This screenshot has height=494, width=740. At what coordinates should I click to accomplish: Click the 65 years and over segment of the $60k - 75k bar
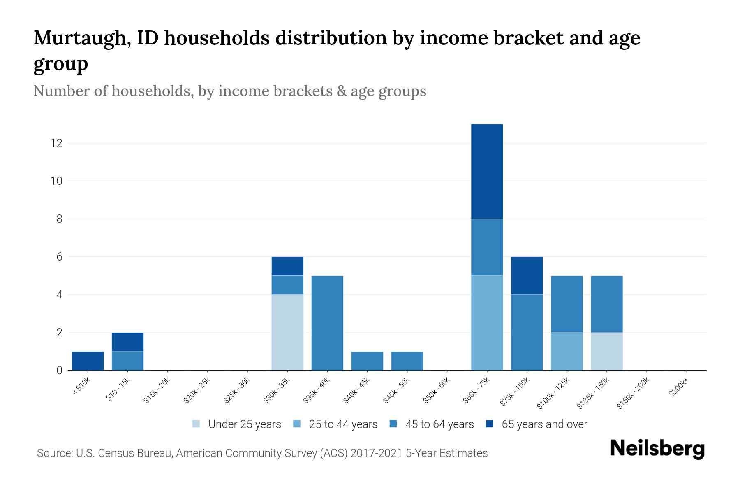(x=487, y=171)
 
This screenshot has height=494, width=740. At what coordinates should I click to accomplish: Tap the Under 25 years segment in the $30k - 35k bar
(x=287, y=332)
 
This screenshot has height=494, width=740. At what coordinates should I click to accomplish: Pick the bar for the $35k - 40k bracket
(x=327, y=323)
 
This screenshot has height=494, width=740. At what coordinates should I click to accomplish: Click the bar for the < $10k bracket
(x=88, y=361)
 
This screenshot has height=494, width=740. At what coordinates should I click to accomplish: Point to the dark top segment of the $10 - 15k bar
(x=127, y=342)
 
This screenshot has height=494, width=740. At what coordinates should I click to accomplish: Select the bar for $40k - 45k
(x=367, y=361)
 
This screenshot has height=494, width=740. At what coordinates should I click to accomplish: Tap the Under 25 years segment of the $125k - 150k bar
(x=606, y=351)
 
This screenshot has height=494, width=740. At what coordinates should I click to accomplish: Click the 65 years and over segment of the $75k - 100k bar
(x=527, y=275)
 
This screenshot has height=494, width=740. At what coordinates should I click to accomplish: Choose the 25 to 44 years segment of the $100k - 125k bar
(x=567, y=351)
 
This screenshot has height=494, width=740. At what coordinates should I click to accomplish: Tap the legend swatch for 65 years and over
(x=490, y=424)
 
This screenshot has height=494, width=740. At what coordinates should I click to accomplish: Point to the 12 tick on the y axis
(x=56, y=143)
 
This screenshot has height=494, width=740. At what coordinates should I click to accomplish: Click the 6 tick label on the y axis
(x=59, y=257)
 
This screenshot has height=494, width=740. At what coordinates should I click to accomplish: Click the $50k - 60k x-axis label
(x=437, y=391)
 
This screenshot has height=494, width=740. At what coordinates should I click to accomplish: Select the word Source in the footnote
(x=54, y=453)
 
